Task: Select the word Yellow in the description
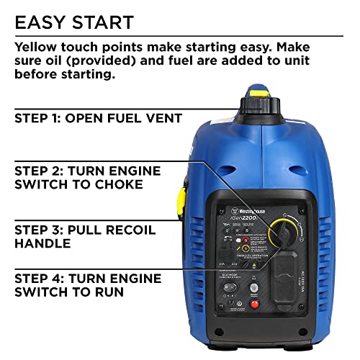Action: tap(36, 46)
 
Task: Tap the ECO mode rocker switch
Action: tap(230, 287)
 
